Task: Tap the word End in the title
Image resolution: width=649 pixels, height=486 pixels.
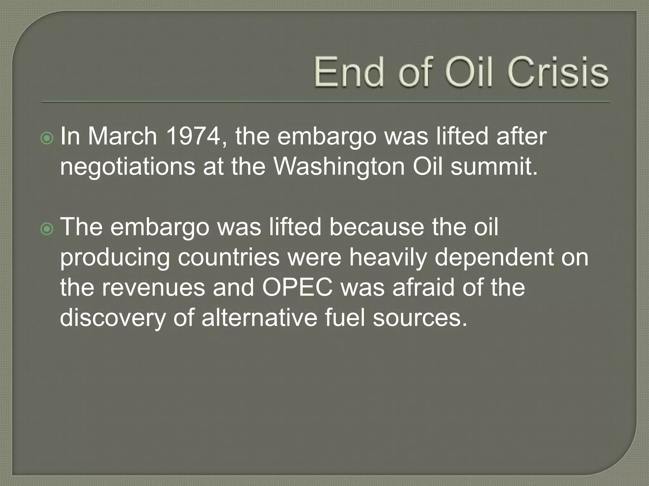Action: (349, 72)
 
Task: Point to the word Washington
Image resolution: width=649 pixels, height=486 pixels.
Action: (339, 166)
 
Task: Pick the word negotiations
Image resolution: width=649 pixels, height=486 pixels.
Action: (127, 166)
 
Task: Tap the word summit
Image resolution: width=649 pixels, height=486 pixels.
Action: (494, 166)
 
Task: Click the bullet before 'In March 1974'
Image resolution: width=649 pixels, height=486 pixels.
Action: (47, 138)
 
